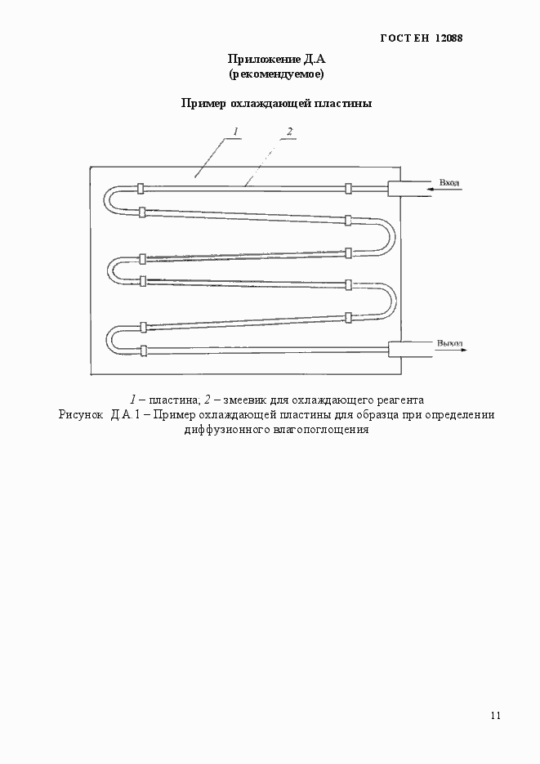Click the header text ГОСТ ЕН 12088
tap(422, 38)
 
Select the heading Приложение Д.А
tap(276, 59)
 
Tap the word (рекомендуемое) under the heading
tap(276, 74)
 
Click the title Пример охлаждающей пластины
tap(276, 104)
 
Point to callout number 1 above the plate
tap(235, 132)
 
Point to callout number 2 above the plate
tap(289, 132)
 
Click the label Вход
tap(449, 181)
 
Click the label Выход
tap(449, 342)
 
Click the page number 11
tap(496, 716)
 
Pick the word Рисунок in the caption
tap(80, 414)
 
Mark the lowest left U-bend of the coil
tap(112, 339)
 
